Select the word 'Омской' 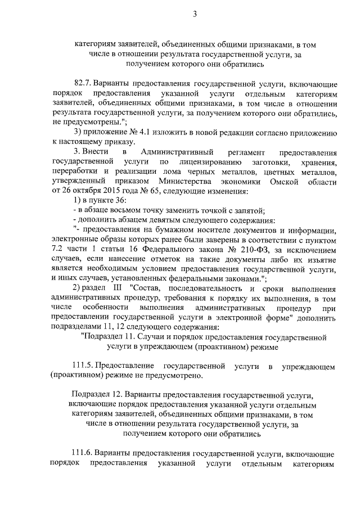[286, 181]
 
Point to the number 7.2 [58, 250]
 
